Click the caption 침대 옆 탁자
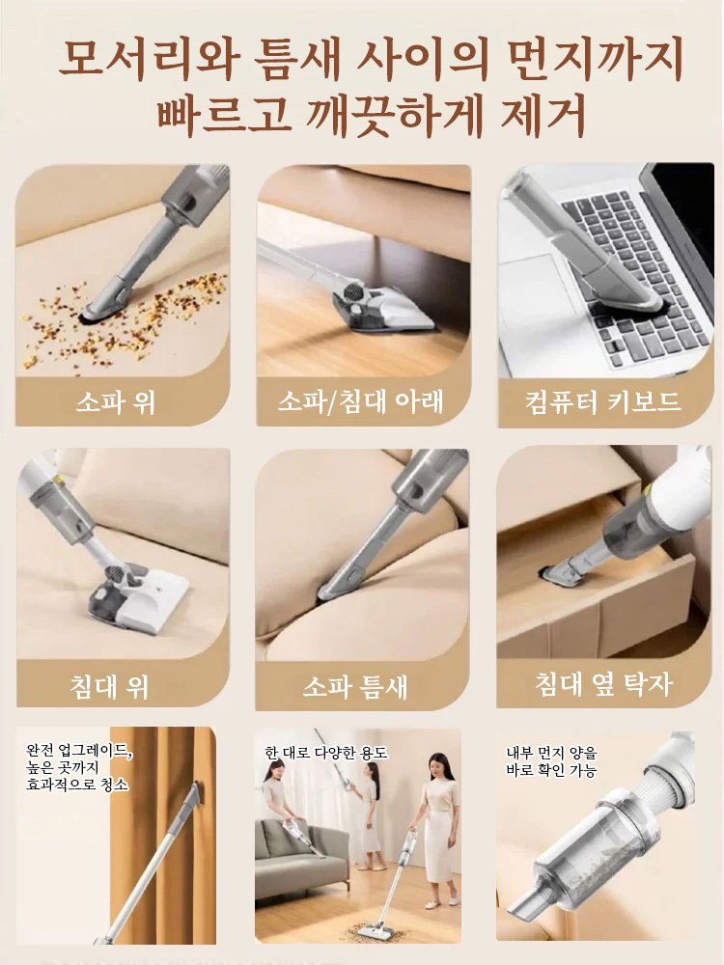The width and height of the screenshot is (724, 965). pyautogui.click(x=603, y=684)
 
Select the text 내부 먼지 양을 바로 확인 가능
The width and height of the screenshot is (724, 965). pyautogui.click(x=552, y=761)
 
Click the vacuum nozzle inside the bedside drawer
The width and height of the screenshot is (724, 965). pyautogui.click(x=560, y=574)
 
